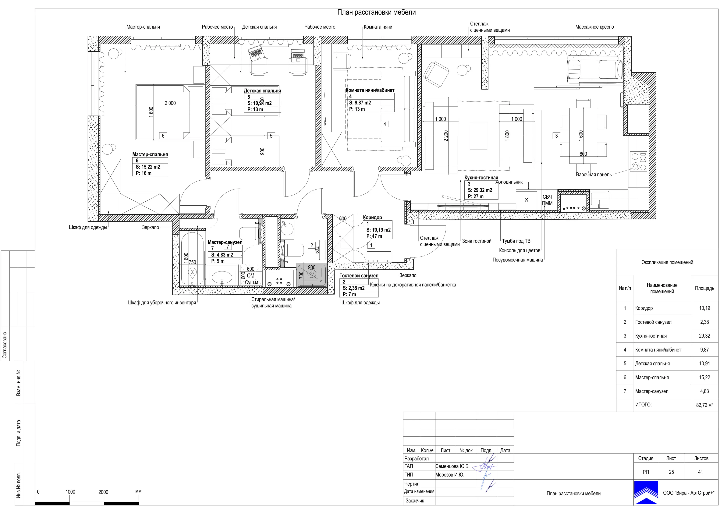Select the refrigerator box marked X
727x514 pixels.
pyautogui.click(x=526, y=200)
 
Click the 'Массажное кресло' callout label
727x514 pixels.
pyautogui.click(x=594, y=27)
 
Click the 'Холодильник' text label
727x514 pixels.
pyautogui.click(x=509, y=182)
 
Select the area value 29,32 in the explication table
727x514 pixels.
pyautogui.click(x=704, y=336)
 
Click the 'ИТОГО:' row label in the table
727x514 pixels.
pyautogui.click(x=643, y=405)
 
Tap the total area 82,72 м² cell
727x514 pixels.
pyautogui.click(x=704, y=405)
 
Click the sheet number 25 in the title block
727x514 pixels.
pyautogui.click(x=671, y=472)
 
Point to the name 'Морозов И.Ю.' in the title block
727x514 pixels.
pyautogui.click(x=450, y=475)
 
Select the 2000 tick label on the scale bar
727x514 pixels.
pyautogui.click(x=103, y=492)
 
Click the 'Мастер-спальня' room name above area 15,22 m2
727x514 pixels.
pyautogui.click(x=150, y=154)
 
